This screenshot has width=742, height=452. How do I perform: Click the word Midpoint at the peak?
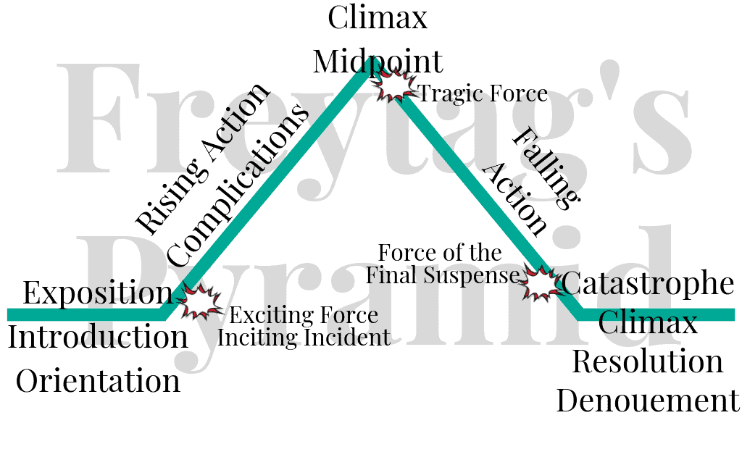[378, 62]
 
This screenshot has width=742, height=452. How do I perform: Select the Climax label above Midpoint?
[378, 17]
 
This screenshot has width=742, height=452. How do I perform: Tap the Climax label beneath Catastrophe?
[648, 322]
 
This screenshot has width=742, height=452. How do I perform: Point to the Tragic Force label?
[483, 93]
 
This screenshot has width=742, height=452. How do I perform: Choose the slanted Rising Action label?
[204, 159]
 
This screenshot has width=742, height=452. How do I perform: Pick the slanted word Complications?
[238, 186]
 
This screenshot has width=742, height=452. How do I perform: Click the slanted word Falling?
[546, 168]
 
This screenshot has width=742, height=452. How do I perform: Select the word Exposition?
[98, 292]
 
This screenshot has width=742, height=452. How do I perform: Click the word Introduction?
[99, 337]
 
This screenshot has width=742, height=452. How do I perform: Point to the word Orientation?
[98, 380]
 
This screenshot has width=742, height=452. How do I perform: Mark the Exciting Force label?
[304, 315]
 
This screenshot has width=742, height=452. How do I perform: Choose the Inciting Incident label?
[304, 337]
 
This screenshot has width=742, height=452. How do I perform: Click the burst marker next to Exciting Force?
[199, 301]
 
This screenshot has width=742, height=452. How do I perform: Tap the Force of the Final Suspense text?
[443, 264]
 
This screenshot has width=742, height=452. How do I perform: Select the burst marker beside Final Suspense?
[542, 283]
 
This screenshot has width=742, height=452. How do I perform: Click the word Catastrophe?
[648, 284]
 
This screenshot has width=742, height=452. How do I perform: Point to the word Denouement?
[648, 401]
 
